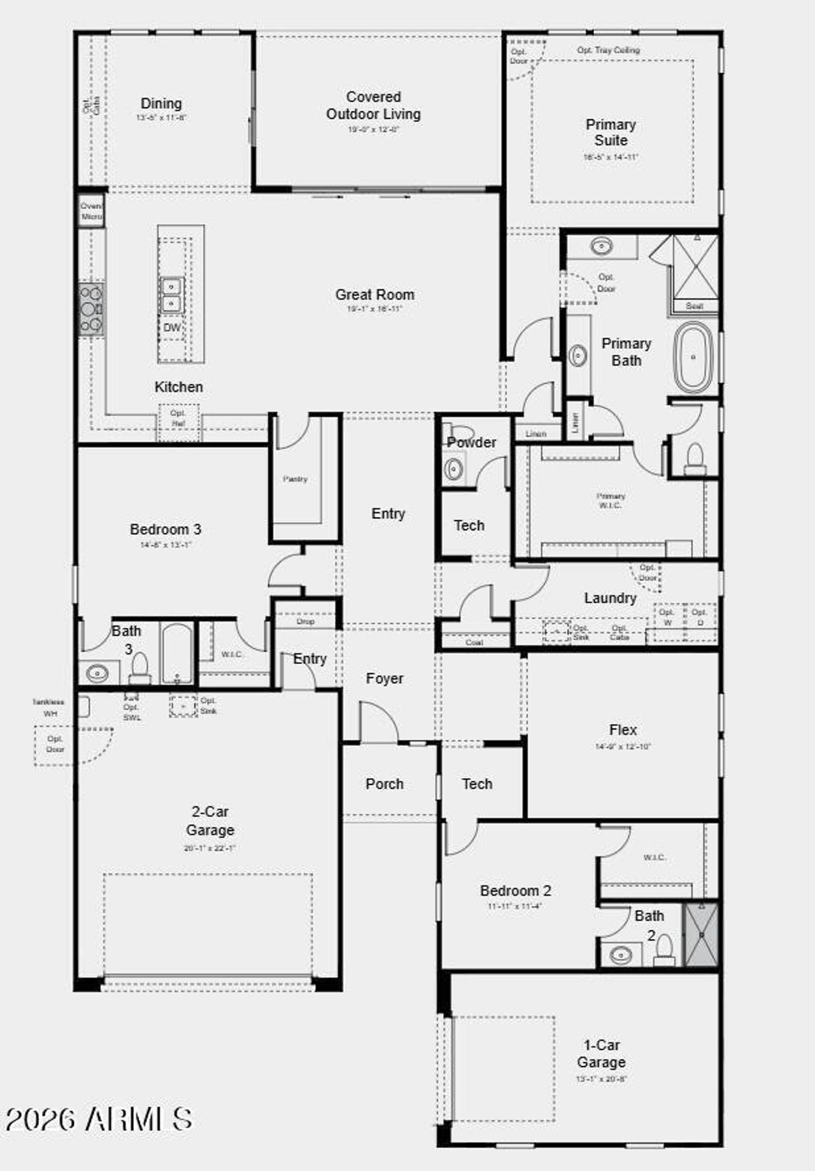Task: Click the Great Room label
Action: [374, 295]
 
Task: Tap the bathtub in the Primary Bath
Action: [693, 357]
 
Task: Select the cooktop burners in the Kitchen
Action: [91, 309]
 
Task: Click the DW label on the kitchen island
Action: [172, 328]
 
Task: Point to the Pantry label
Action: [295, 479]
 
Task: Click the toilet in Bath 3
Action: [139, 667]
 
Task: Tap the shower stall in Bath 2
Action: [701, 934]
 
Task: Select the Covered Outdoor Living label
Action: [373, 106]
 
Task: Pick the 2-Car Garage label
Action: [209, 821]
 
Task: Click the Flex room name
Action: [623, 730]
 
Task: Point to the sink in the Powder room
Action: [453, 469]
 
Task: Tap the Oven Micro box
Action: [91, 211]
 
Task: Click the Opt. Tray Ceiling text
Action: [608, 50]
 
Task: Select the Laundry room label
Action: [610, 598]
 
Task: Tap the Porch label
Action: [384, 784]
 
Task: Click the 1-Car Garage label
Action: [601, 1053]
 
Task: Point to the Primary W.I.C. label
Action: [610, 500]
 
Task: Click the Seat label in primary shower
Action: [694, 306]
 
